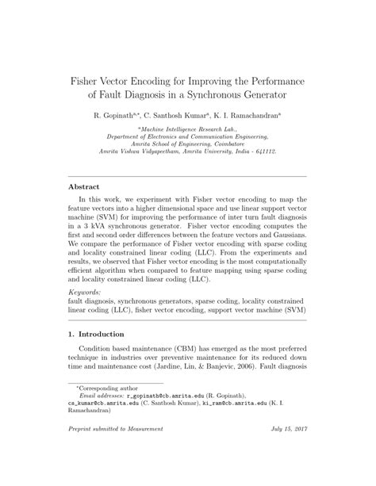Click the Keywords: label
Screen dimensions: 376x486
point(86,292)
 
